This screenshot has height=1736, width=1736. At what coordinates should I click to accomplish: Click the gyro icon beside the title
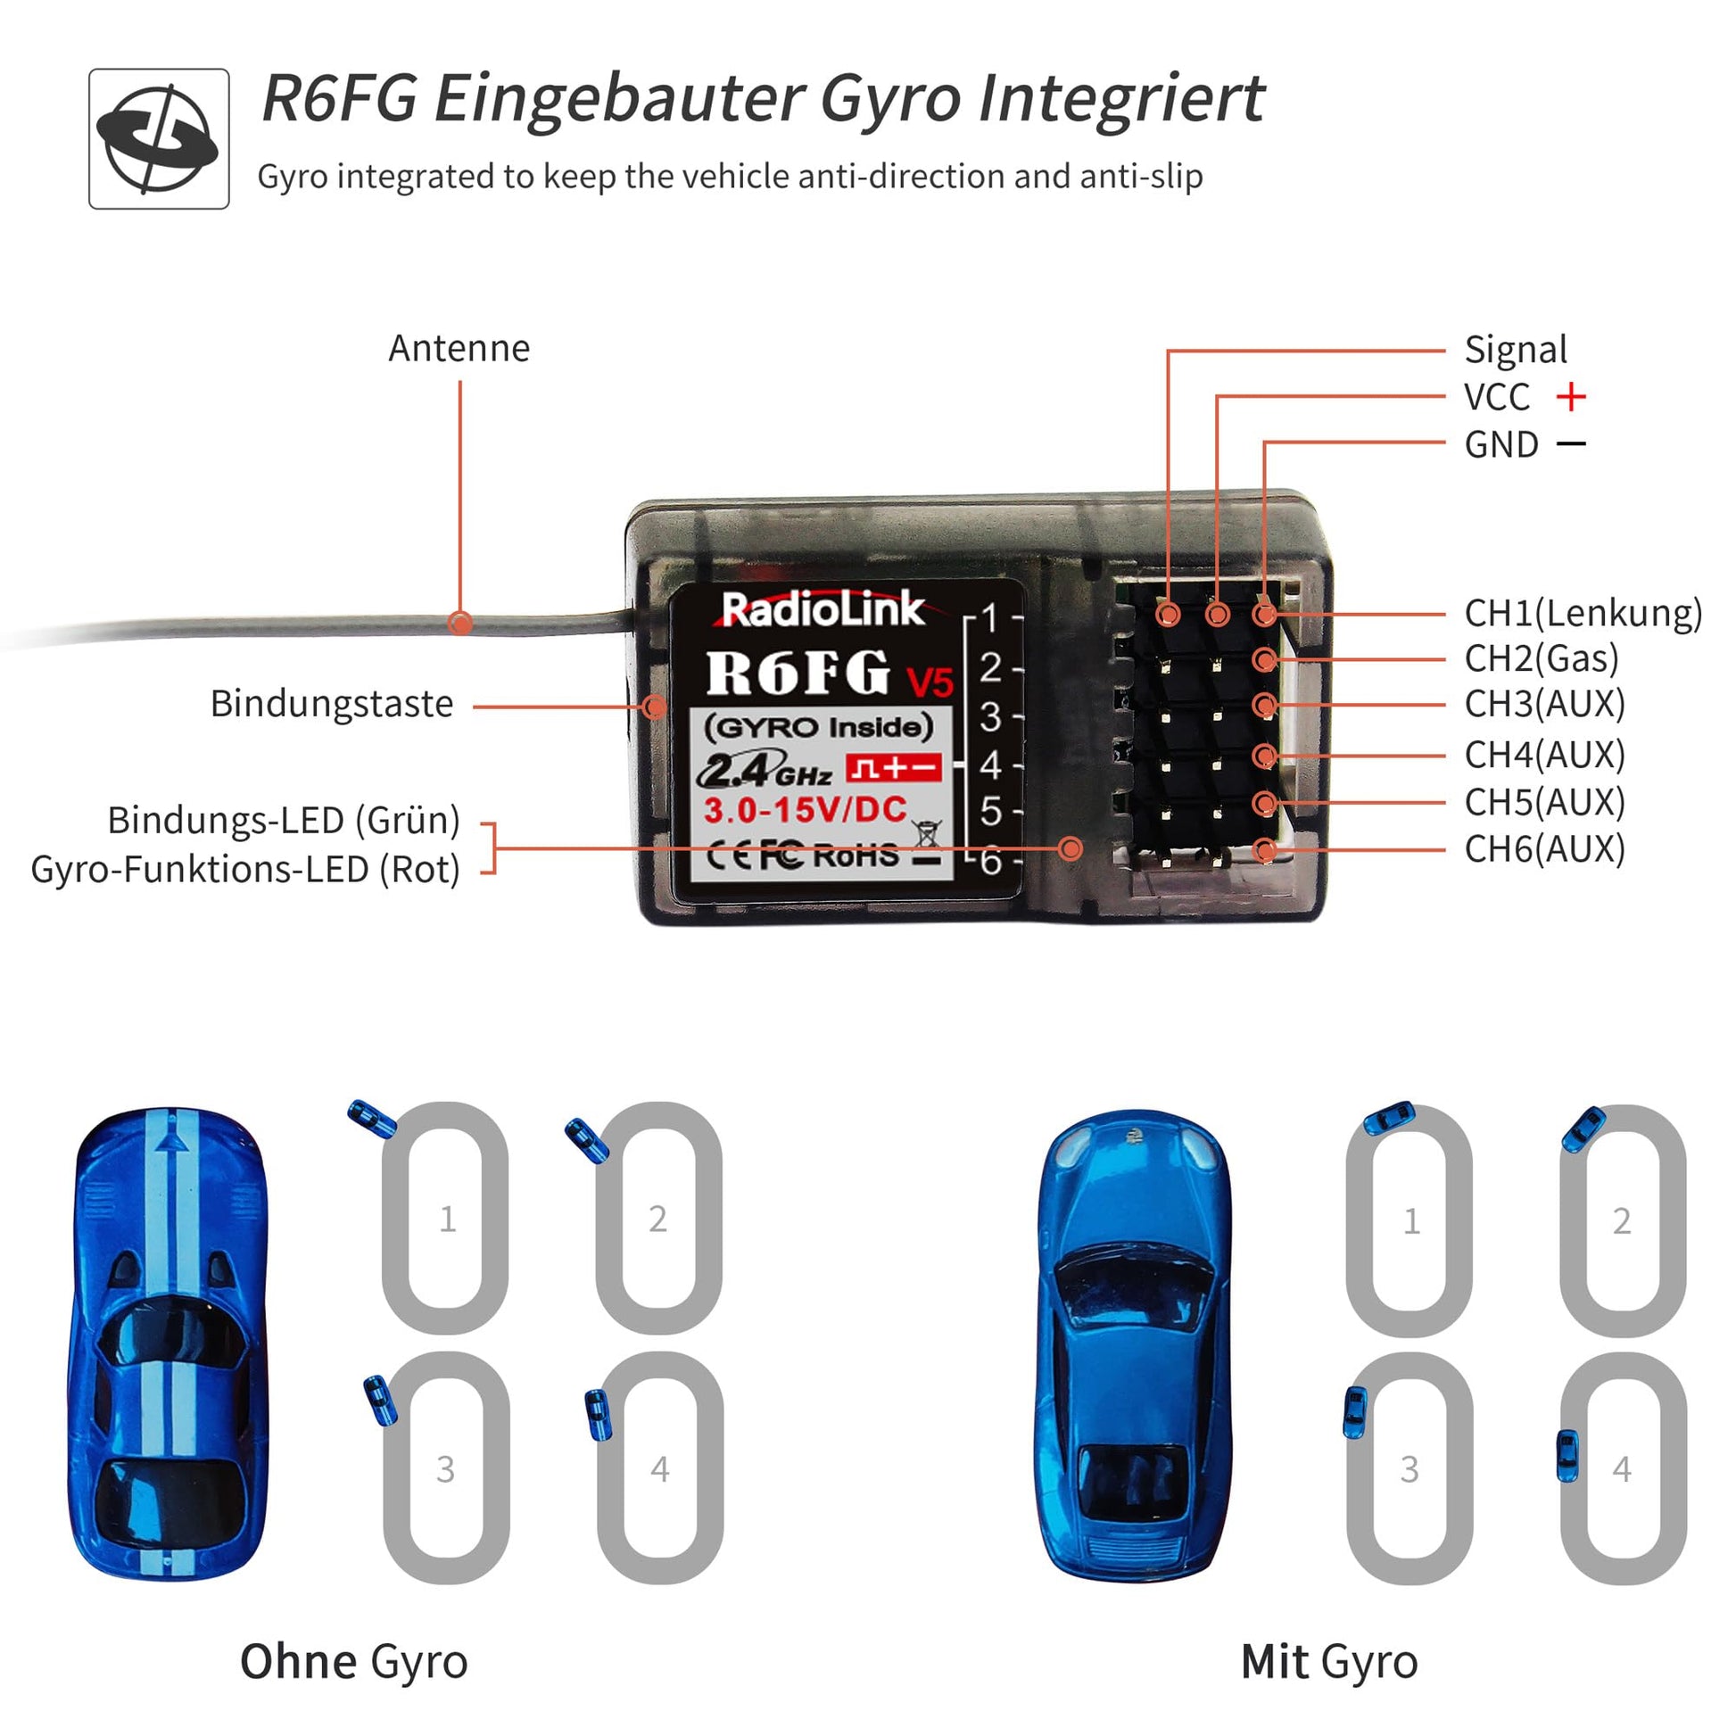coord(159,139)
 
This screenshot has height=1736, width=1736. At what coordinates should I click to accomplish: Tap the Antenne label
coord(459,349)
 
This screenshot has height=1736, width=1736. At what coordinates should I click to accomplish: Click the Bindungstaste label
coord(332,704)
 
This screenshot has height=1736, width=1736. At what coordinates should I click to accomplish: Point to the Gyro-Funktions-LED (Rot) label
coord(245,869)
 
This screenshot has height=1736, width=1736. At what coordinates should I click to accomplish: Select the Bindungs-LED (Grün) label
coord(284,820)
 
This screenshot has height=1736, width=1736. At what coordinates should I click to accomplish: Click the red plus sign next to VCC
coord(1571,396)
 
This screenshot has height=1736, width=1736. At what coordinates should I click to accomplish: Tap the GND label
coord(1500,445)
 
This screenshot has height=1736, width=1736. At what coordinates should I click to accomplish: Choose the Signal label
coord(1515,350)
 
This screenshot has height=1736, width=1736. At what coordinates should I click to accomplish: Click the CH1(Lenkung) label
coord(1583,613)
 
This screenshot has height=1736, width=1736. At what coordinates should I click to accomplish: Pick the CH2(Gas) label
coord(1541,658)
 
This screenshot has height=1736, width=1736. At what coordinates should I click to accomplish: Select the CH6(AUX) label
coord(1544,848)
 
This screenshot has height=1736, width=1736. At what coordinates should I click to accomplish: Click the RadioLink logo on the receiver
coord(823,609)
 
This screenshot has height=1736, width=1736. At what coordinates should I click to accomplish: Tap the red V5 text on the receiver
coord(929,683)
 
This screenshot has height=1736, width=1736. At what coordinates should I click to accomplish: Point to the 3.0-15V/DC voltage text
coord(805,811)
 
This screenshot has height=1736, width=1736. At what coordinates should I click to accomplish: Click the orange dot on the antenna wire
coord(460,622)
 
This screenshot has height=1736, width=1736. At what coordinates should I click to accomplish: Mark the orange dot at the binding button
coord(656,707)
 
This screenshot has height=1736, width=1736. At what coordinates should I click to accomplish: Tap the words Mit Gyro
coord(1329,1661)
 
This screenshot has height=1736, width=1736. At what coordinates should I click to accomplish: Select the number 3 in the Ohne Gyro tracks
coord(446,1469)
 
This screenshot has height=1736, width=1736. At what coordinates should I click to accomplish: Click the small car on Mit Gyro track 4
coord(1567,1456)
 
